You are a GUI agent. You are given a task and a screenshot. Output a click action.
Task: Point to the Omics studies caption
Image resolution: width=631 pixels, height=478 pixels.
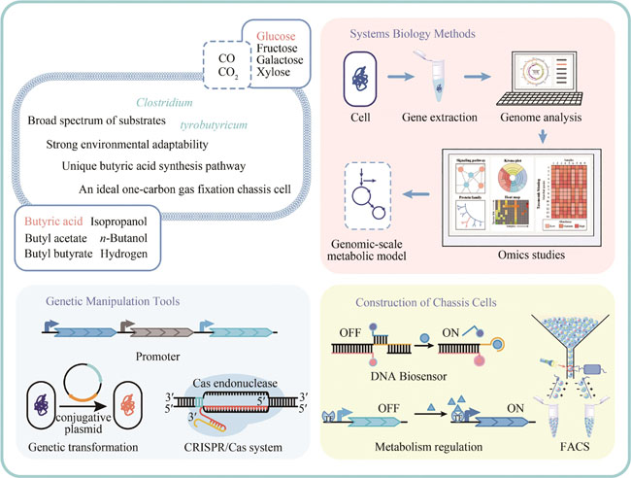[x=504, y=256]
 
